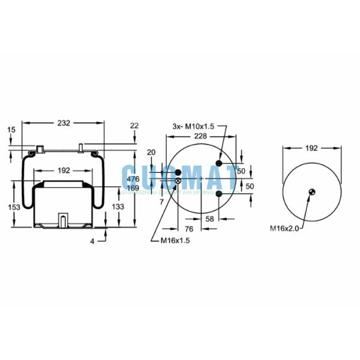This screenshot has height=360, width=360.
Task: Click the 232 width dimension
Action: point(64,122)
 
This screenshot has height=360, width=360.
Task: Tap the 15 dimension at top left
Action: point(11,130)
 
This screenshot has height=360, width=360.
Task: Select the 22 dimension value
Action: point(134,125)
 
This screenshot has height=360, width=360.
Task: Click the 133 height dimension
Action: point(119,206)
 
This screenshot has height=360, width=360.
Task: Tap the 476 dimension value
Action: point(133,179)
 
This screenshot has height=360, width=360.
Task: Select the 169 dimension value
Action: point(133,188)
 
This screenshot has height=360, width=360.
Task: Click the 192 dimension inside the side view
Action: point(64,170)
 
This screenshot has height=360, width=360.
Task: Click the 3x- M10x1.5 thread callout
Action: point(192,126)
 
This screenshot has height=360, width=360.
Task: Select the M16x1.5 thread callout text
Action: point(175,241)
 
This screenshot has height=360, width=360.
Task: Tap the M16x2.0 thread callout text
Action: point(284,228)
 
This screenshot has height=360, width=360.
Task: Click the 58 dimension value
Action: point(209,218)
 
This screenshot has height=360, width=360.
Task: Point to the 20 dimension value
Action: point(151,152)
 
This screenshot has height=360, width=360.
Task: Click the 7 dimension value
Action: point(161,202)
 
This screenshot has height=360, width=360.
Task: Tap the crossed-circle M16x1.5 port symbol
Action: point(178,181)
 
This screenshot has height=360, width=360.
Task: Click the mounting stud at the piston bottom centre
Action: point(62,220)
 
